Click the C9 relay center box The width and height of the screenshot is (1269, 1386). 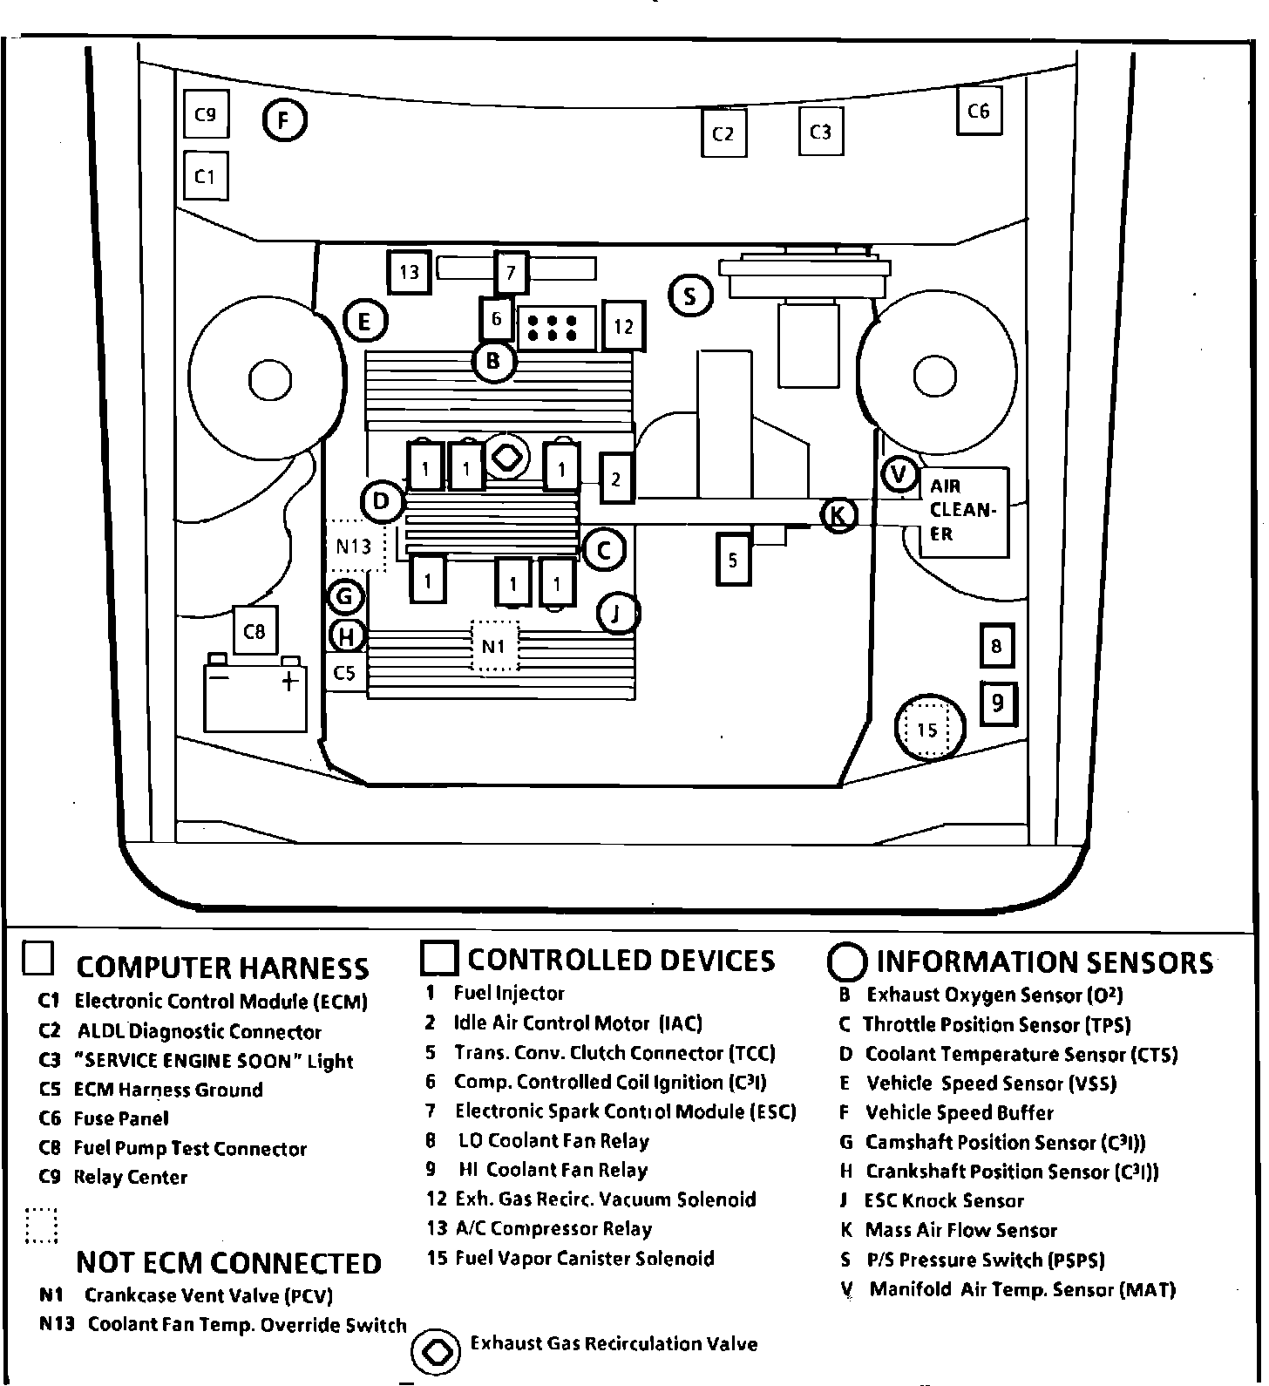click(206, 114)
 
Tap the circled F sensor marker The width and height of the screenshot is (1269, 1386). click(284, 120)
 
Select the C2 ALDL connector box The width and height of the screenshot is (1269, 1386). click(724, 133)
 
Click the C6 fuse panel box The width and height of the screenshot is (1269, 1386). click(979, 111)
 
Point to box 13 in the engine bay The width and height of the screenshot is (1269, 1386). click(410, 272)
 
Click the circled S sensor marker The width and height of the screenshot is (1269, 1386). click(690, 296)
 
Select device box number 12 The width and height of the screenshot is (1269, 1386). click(623, 326)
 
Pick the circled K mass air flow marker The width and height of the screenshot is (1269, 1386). click(838, 515)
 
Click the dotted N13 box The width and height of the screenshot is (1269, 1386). click(356, 547)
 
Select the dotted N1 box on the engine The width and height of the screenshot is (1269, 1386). click(494, 646)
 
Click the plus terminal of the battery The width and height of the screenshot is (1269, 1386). click(289, 681)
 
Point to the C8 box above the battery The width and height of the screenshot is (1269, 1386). click(254, 631)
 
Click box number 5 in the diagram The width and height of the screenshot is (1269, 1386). click(733, 558)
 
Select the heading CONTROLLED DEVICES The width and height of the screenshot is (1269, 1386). click(621, 961)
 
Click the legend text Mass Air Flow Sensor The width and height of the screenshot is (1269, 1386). click(960, 1231)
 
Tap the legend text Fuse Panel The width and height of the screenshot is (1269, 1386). click(121, 1118)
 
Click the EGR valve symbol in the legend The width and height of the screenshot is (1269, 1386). click(434, 1350)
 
